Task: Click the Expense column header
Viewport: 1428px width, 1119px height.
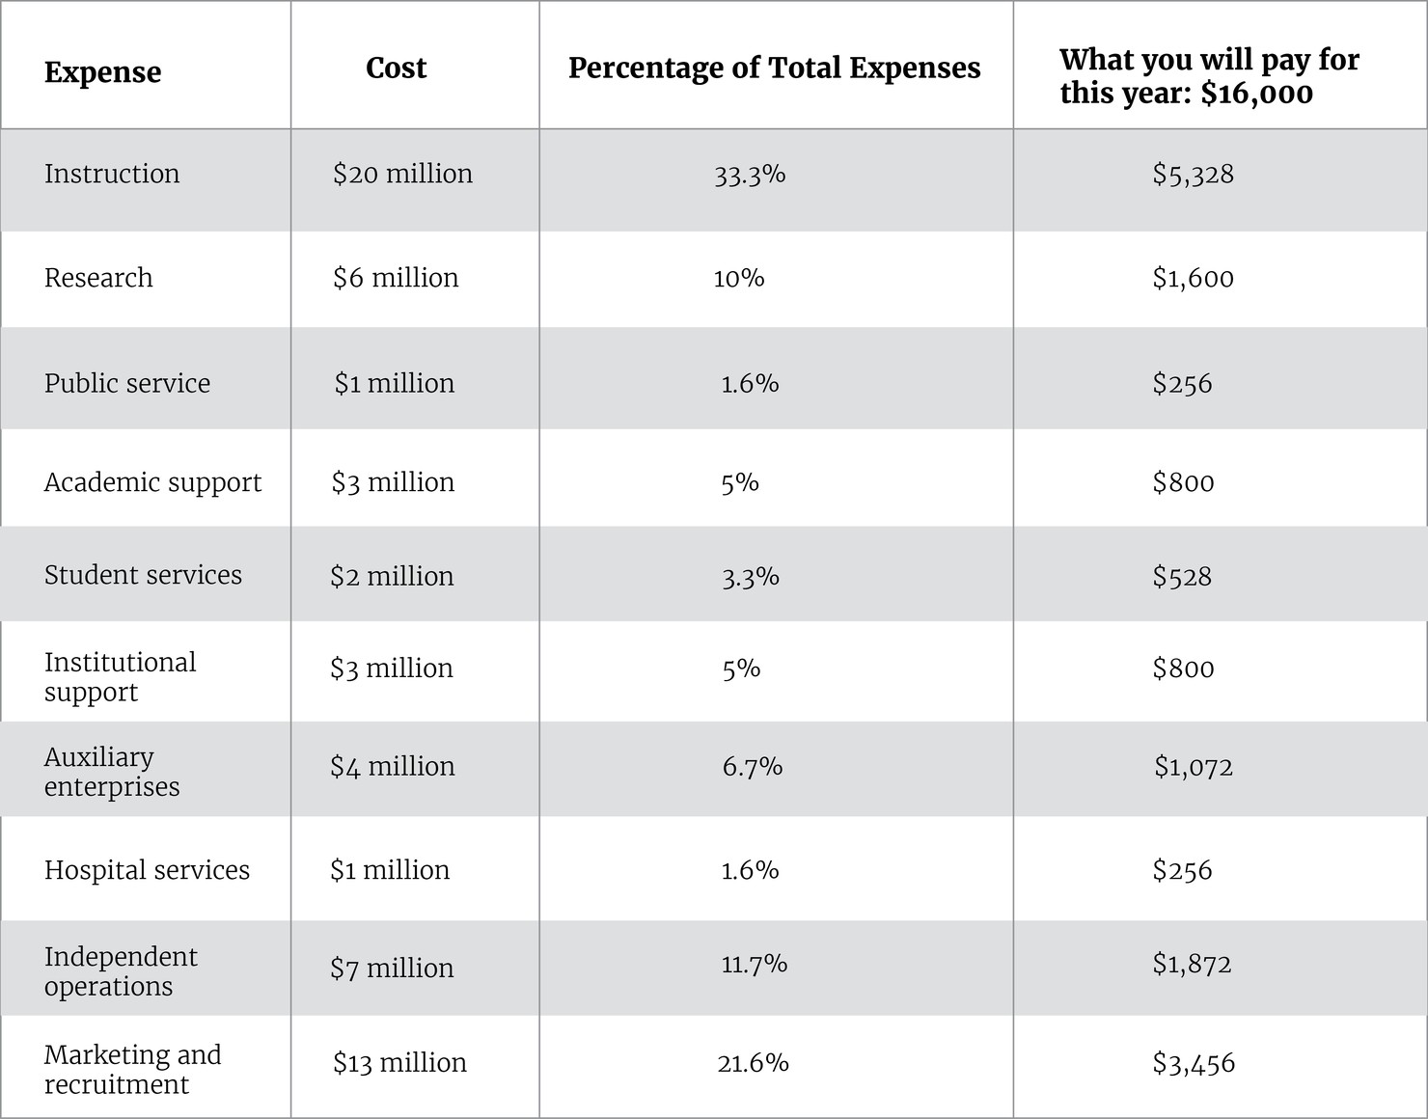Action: pyautogui.click(x=102, y=72)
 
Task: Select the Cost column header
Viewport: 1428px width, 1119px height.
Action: pyautogui.click(x=396, y=68)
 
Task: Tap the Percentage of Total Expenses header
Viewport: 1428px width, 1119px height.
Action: pyautogui.click(x=774, y=68)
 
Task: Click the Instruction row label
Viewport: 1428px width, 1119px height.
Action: pyautogui.click(x=112, y=174)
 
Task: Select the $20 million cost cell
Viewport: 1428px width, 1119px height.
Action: pyautogui.click(x=402, y=174)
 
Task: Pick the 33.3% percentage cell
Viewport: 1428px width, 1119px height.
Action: pyautogui.click(x=750, y=175)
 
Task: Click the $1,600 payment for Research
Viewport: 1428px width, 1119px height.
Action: pyautogui.click(x=1193, y=279)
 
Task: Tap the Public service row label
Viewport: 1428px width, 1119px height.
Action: pyautogui.click(x=127, y=383)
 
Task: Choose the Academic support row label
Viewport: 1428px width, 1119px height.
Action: pyautogui.click(x=152, y=482)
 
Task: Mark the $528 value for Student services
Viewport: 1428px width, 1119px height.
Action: pyautogui.click(x=1182, y=577)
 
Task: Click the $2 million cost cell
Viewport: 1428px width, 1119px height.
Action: pyautogui.click(x=392, y=576)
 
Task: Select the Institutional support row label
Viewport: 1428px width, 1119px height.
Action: pyautogui.click(x=120, y=677)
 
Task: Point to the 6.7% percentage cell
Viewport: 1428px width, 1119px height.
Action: pyautogui.click(x=752, y=767)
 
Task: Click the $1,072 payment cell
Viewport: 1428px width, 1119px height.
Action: pyautogui.click(x=1194, y=767)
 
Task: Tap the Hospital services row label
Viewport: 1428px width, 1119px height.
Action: pyautogui.click(x=147, y=870)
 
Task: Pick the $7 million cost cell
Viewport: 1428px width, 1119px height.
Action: pyautogui.click(x=392, y=968)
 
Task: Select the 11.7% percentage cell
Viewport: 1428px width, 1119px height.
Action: pyautogui.click(x=754, y=964)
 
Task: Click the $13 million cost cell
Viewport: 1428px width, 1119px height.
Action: pyautogui.click(x=399, y=1062)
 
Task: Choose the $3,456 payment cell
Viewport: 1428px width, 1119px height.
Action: pyautogui.click(x=1194, y=1063)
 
